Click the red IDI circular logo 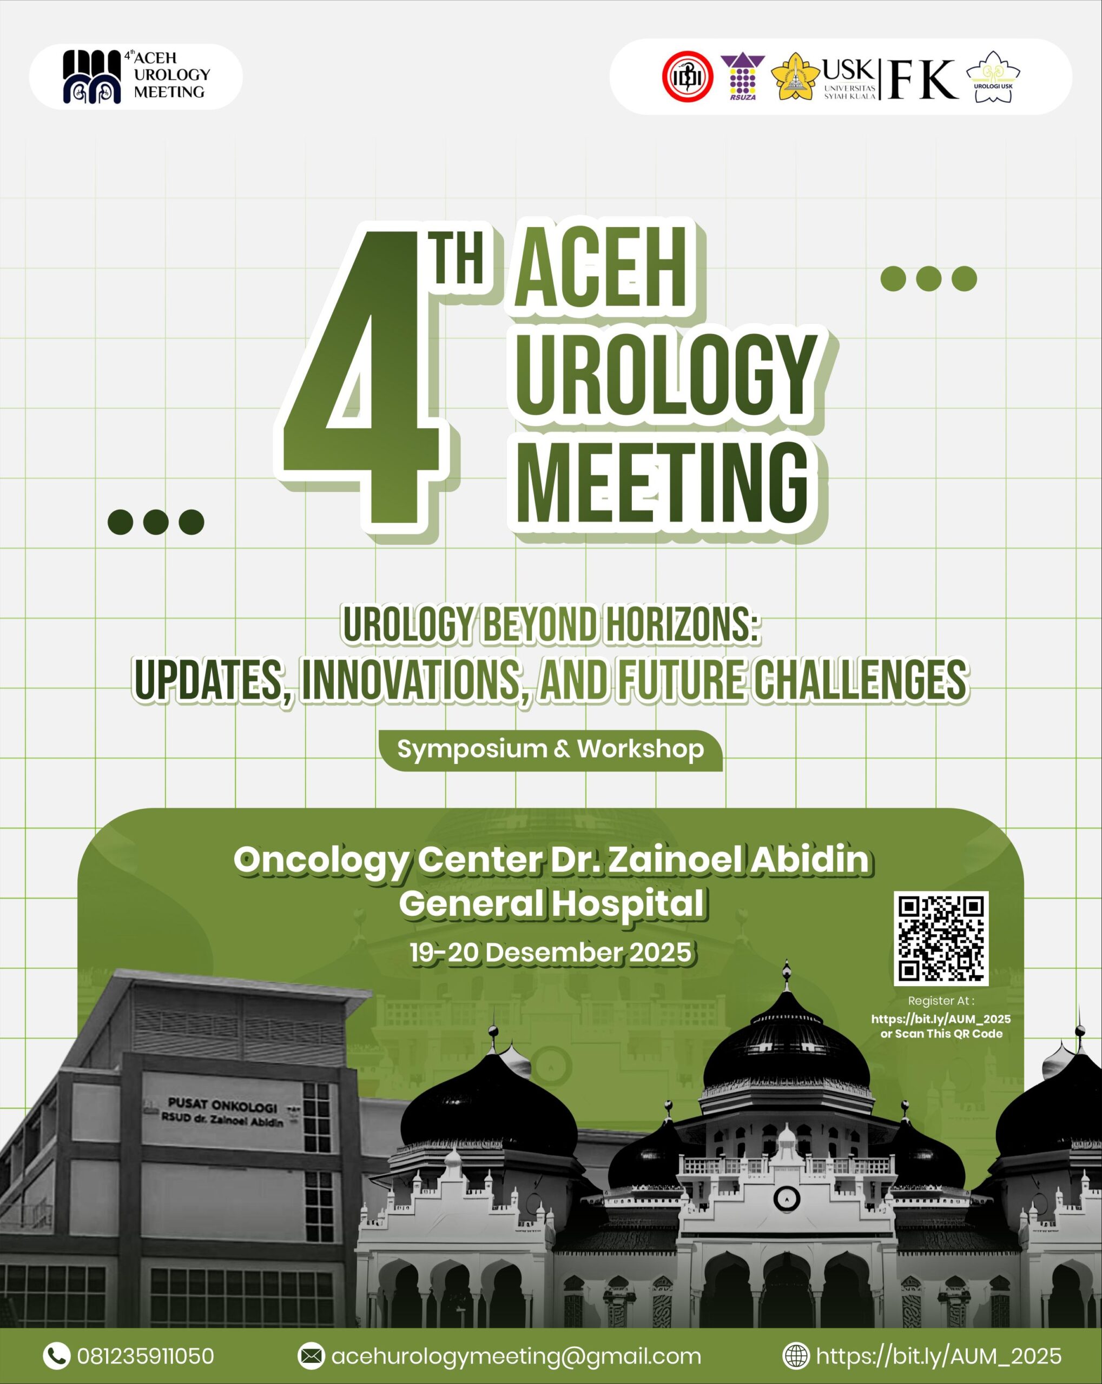point(688,77)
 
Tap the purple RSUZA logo point(742,77)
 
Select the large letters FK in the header point(923,79)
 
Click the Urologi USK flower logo point(993,77)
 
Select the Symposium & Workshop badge point(550,749)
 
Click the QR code point(941,938)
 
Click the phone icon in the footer point(56,1355)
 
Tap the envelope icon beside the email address point(312,1356)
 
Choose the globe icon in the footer point(796,1356)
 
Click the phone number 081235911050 point(146,1356)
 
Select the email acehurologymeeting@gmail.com point(516,1356)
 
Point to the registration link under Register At point(941,1019)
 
